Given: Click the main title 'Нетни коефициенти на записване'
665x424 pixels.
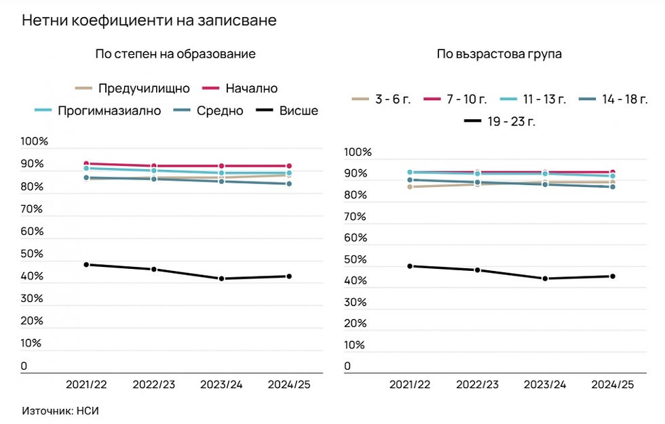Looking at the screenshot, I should click(x=149, y=20).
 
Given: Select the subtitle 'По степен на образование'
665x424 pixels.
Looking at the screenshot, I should click(x=175, y=54).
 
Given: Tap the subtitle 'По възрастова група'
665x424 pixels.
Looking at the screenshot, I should click(x=499, y=54).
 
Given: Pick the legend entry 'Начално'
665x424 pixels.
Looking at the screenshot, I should click(x=250, y=88).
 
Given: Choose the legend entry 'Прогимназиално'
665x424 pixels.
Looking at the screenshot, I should click(x=109, y=110).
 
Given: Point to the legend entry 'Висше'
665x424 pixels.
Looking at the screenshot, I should click(x=299, y=110).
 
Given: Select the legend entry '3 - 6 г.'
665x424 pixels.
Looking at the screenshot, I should click(x=392, y=100).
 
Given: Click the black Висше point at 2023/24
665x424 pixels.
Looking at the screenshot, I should click(x=221, y=279).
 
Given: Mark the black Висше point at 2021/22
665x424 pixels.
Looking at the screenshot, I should click(x=86, y=264).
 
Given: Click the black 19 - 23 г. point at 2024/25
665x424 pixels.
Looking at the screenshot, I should click(x=613, y=276).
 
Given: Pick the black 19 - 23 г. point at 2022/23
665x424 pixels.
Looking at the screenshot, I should click(x=477, y=270).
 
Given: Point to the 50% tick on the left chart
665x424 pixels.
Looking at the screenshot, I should click(x=34, y=254).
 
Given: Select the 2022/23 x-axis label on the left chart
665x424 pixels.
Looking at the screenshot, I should click(x=153, y=384).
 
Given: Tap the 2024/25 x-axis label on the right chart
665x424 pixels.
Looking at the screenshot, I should click(x=612, y=384).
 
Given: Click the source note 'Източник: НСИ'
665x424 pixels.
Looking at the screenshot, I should click(x=56, y=410).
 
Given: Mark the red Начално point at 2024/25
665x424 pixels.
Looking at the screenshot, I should click(x=288, y=166).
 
